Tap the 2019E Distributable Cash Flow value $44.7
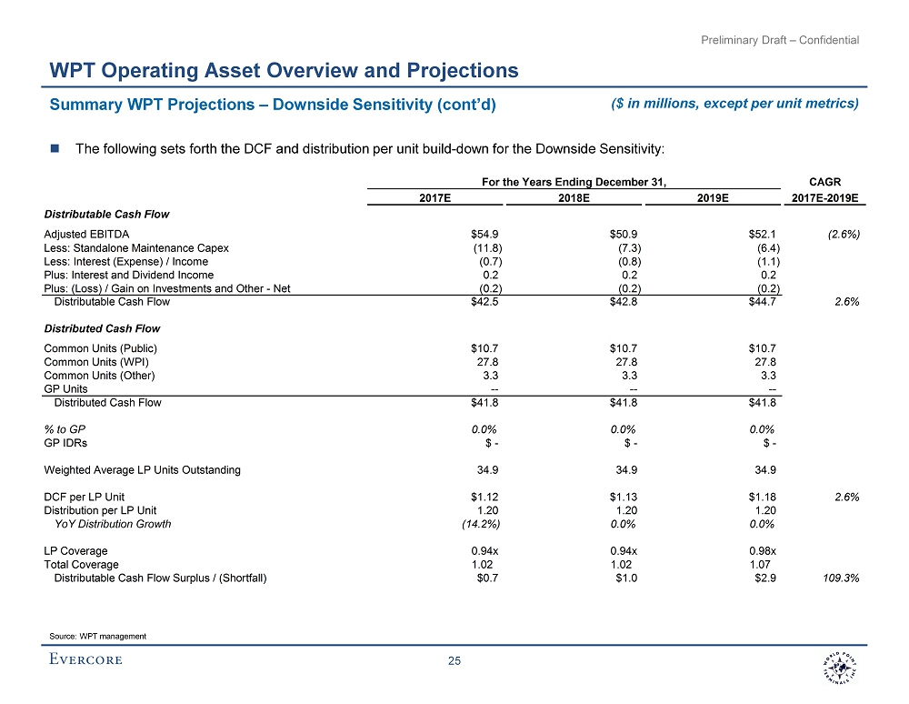pyautogui.click(x=760, y=302)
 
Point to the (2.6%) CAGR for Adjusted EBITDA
pyautogui.click(x=844, y=235)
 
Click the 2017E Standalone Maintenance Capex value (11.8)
pyautogui.click(x=483, y=248)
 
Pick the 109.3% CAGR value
pyautogui.click(x=843, y=578)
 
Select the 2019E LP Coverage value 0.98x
pyautogui.click(x=759, y=551)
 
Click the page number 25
pyautogui.click(x=454, y=661)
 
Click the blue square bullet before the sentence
pyautogui.click(x=54, y=148)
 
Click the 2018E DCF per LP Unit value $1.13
pyautogui.click(x=623, y=497)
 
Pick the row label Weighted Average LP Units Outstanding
pyautogui.click(x=142, y=470)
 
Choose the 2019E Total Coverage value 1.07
pyautogui.click(x=762, y=564)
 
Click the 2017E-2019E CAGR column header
pyautogui.click(x=825, y=196)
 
